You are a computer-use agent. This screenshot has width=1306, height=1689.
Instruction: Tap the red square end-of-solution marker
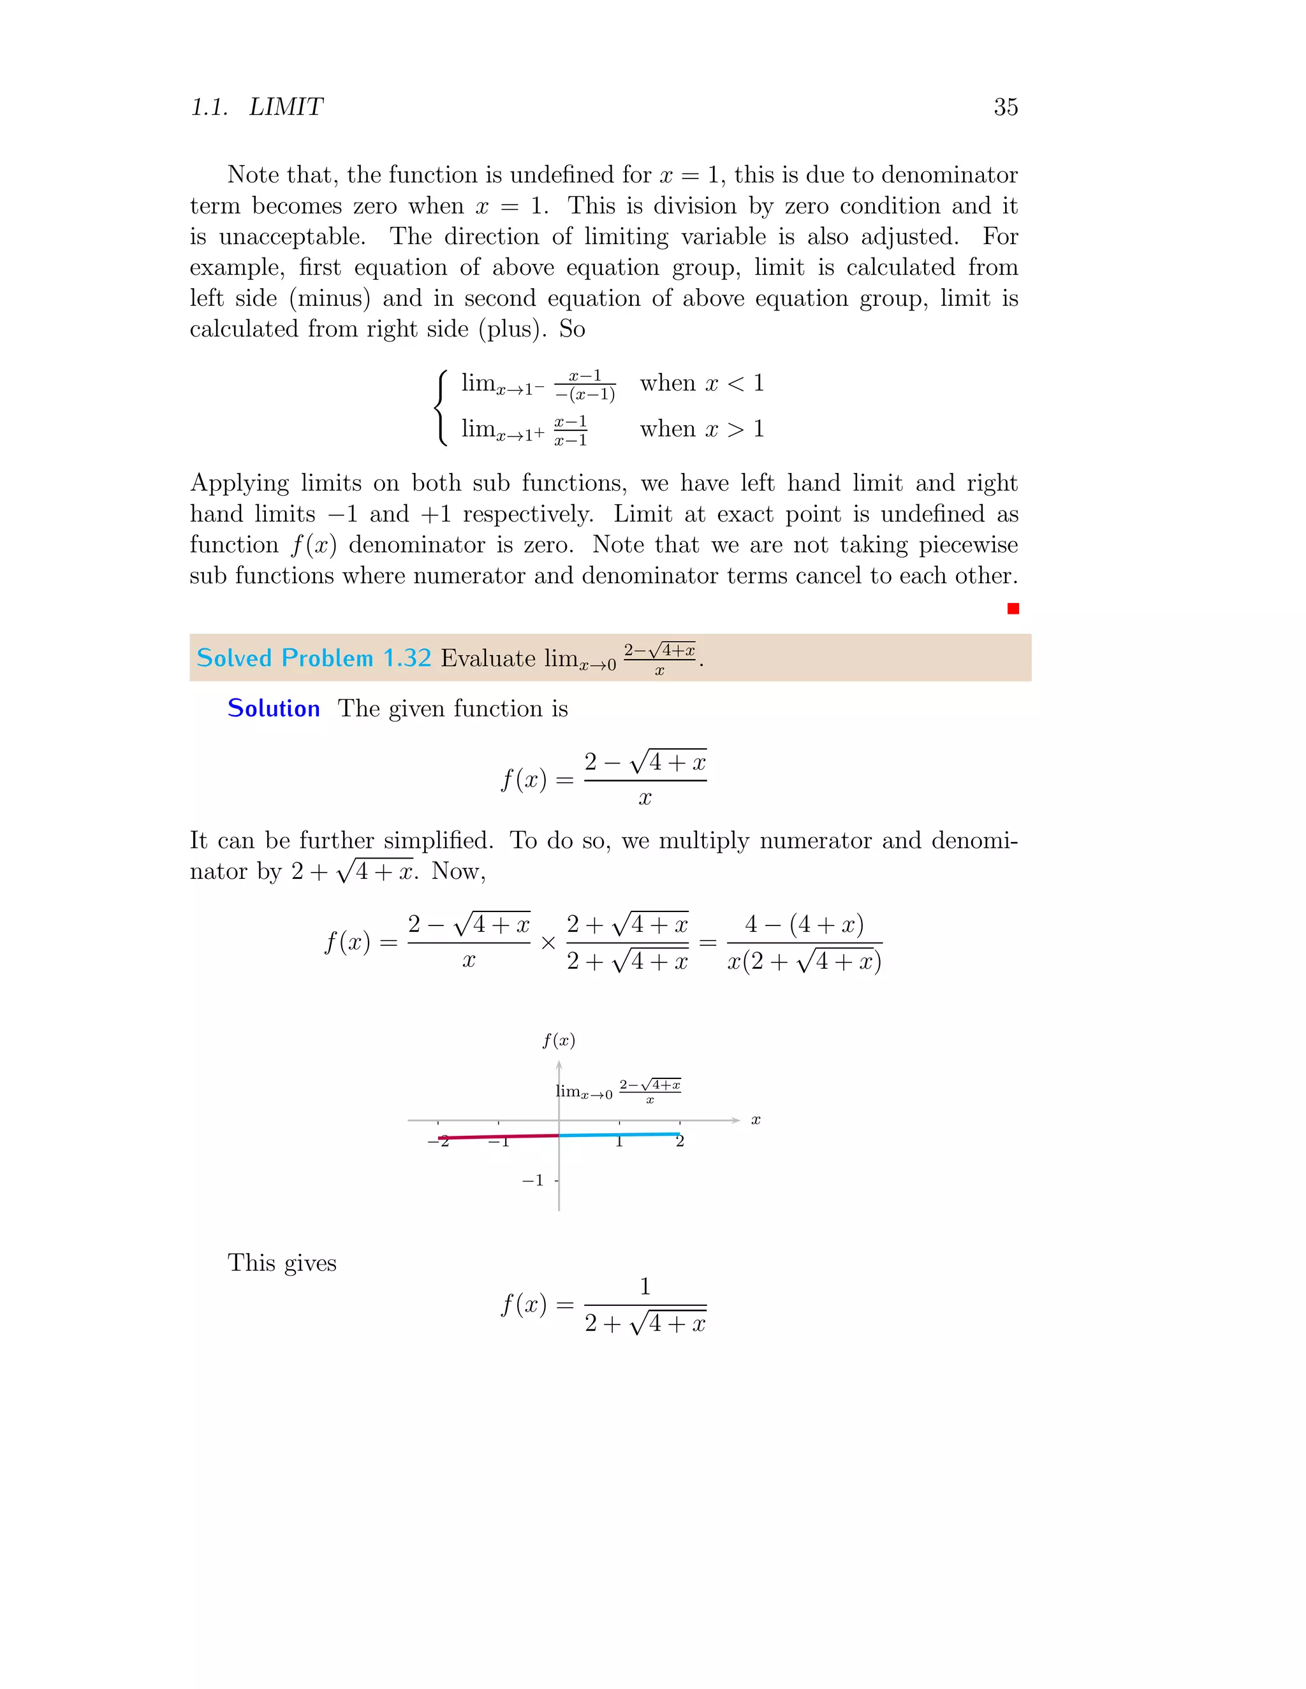coord(1013,609)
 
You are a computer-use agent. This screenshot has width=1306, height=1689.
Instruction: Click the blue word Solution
coord(273,708)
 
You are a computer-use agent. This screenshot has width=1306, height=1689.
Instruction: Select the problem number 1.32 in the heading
coord(407,658)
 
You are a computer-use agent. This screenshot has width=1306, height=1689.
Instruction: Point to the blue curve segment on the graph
coord(619,1134)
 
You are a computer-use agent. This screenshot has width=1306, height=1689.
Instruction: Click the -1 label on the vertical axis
coord(532,1180)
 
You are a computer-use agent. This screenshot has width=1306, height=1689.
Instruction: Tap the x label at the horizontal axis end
coord(756,1120)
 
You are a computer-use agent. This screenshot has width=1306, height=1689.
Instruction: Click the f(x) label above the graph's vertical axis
coord(558,1040)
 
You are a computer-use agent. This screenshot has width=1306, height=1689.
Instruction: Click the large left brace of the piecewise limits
coord(441,407)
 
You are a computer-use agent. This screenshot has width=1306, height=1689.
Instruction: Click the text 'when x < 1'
coord(701,383)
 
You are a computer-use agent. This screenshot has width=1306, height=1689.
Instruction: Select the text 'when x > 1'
coord(701,428)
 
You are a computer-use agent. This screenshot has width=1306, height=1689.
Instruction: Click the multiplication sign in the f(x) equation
coord(548,943)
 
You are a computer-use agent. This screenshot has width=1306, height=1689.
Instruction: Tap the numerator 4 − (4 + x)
coord(804,924)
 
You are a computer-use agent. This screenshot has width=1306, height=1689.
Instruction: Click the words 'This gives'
coord(282,1263)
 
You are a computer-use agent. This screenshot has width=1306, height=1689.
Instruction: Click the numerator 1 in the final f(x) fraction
coord(645,1286)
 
